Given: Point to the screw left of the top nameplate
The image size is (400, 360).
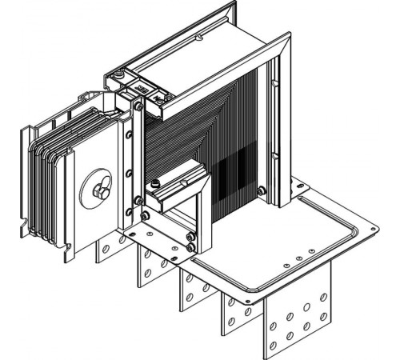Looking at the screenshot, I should click(118, 76).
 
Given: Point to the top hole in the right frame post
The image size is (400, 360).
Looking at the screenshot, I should click(275, 83).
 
